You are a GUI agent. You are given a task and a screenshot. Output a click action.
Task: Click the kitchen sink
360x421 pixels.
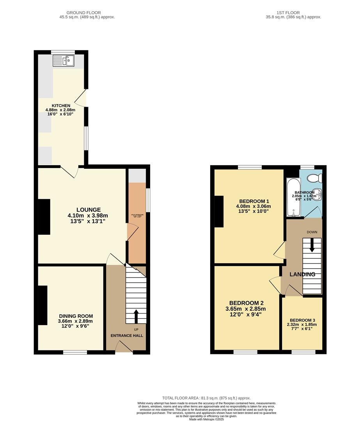coord(64,60)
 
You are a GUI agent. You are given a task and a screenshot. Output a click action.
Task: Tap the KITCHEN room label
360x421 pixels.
coord(60,106)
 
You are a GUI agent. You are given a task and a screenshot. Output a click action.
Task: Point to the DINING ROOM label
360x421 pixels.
coord(76,316)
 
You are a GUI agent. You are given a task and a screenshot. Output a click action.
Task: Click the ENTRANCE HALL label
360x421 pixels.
coord(127,336)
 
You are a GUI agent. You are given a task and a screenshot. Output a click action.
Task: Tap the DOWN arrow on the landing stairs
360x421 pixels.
coord(312,246)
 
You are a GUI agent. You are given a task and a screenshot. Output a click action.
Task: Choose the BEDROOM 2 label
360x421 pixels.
coord(247,303)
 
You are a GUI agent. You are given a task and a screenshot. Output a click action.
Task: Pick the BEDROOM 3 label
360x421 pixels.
coord(303,319)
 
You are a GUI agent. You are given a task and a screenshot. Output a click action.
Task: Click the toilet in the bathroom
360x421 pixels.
coord(314,179)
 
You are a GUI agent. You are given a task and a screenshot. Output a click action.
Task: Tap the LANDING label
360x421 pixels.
coord(302,274)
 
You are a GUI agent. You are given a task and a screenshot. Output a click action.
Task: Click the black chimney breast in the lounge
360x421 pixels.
coord(44,217)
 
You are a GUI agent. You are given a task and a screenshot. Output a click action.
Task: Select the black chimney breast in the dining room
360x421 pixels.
coord(43,305)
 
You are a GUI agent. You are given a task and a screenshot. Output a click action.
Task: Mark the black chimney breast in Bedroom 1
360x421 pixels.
coord(219,212)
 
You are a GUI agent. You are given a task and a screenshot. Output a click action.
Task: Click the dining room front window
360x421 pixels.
coord(75,352)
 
